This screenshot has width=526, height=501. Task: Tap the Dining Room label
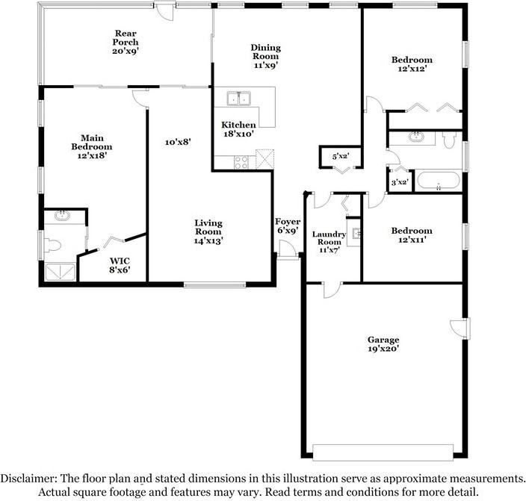point(264,56)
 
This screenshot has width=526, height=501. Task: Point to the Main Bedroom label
point(92,147)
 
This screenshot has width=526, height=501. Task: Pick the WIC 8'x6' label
point(120,266)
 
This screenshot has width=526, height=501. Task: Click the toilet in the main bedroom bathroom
point(52,244)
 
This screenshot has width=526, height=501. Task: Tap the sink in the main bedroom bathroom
point(62,217)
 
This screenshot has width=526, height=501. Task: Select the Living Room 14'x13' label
point(208,231)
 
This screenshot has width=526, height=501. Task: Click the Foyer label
point(288,226)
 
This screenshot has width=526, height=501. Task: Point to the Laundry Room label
point(329,242)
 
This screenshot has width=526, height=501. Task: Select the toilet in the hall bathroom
point(450,139)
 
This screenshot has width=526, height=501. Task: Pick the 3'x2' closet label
point(399,182)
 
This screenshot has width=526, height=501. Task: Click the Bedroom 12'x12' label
point(412,65)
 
